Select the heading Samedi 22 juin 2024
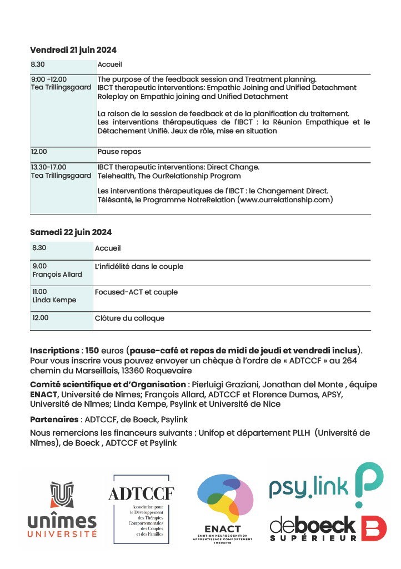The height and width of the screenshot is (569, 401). [71, 232]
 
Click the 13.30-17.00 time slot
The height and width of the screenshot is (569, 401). [48, 167]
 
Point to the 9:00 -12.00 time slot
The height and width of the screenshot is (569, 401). [48, 79]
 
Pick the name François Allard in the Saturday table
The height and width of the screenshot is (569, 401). [57, 274]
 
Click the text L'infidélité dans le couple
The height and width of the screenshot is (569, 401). [139, 267]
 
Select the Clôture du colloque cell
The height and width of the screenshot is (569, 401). [129, 318]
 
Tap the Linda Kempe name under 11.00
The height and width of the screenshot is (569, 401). [54, 300]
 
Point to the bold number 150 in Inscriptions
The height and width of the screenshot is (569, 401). [92, 351]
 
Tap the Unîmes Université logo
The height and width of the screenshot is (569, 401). [62, 510]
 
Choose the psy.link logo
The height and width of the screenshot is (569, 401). [325, 485]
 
